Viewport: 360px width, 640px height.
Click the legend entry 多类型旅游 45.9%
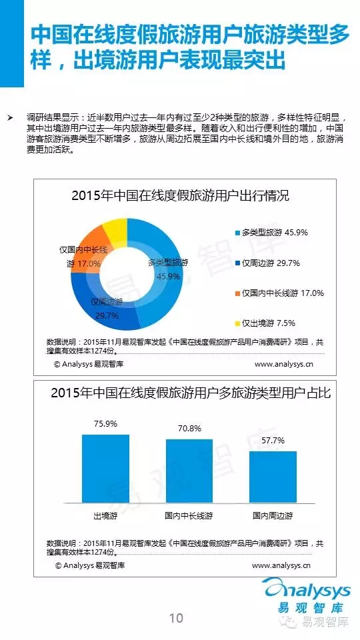[x=271, y=233]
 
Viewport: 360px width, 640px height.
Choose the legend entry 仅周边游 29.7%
[x=267, y=263]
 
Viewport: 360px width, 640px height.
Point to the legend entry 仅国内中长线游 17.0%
[x=279, y=293]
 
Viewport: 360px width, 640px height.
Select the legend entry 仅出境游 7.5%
[x=265, y=323]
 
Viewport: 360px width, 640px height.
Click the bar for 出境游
[x=105, y=468]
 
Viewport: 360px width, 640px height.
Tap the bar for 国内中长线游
[x=189, y=471]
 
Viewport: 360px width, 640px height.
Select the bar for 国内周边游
[x=273, y=476]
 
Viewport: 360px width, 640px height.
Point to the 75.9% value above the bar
[x=105, y=424]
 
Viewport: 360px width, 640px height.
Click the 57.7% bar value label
[x=273, y=441]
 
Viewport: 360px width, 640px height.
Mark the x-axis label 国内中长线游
[x=189, y=515]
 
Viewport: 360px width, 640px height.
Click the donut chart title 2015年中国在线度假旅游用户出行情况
[x=181, y=195]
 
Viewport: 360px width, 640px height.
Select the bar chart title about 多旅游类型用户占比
[x=191, y=393]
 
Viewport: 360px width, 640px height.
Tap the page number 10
[x=176, y=618]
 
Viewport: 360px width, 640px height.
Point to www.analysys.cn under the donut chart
[x=284, y=364]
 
